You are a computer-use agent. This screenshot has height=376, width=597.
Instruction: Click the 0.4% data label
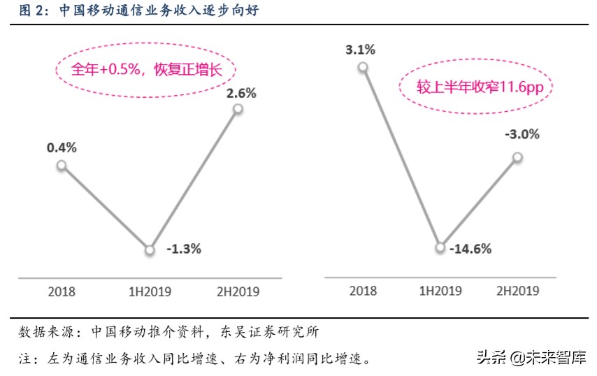[x=62, y=147]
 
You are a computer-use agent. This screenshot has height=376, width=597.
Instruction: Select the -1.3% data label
[x=184, y=248]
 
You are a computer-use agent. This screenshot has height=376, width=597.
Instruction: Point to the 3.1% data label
[x=360, y=50]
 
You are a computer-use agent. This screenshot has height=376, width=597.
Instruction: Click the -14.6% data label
[x=470, y=248]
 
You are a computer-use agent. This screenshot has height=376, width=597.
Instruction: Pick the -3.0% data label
[x=522, y=135]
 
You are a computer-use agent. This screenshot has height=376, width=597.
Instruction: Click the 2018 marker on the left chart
[x=62, y=166]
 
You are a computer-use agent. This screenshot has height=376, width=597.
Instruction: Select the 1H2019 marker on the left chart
[x=150, y=250]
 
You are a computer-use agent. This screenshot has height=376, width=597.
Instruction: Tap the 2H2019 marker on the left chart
[x=238, y=109]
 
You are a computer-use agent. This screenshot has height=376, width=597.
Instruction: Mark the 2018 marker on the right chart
[x=362, y=67]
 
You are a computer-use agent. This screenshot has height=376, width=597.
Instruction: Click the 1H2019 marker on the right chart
[x=440, y=247]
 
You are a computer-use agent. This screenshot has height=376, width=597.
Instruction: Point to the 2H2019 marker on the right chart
[x=518, y=157]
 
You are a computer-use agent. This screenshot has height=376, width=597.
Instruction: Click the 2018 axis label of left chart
[x=62, y=291]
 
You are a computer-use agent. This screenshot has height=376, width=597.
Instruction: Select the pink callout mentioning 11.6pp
[x=475, y=87]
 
